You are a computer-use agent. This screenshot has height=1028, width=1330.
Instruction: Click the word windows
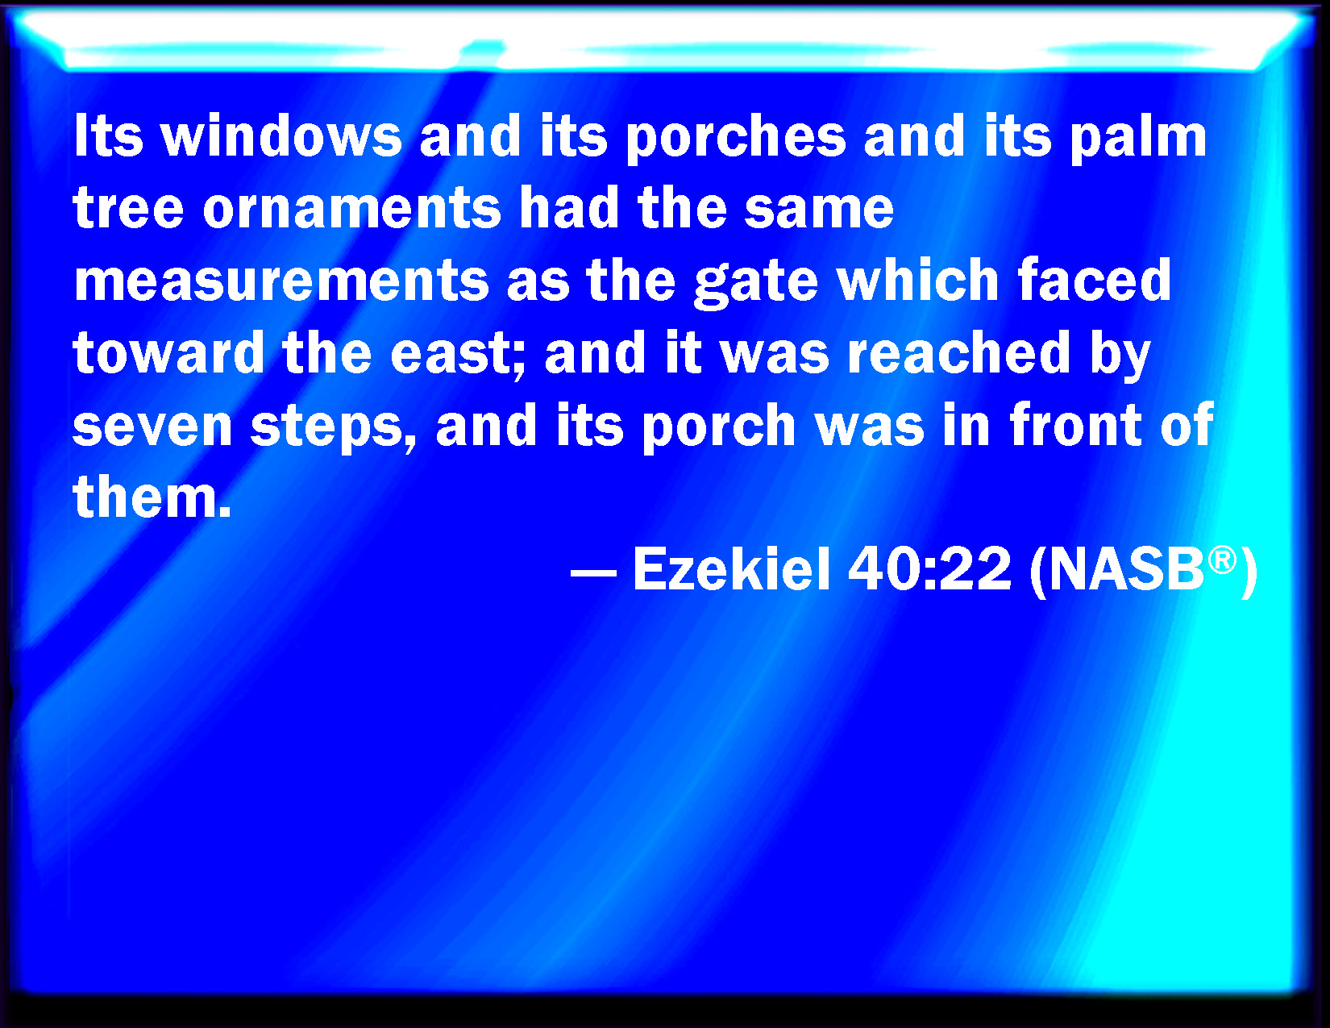(x=281, y=136)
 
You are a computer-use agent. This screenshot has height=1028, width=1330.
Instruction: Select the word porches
(x=736, y=139)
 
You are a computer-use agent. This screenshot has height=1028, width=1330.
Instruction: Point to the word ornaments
(x=352, y=210)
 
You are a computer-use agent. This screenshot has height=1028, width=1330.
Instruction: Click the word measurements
(x=281, y=281)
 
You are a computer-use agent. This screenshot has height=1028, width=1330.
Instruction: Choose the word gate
(x=757, y=283)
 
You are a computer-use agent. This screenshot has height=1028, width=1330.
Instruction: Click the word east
(x=457, y=354)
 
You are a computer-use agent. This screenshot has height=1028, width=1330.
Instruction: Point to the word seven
(x=152, y=427)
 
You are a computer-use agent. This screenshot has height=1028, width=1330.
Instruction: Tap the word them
(x=152, y=497)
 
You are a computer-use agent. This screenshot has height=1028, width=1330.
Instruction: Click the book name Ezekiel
(x=731, y=568)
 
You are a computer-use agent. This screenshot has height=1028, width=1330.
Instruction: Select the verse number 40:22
(x=929, y=568)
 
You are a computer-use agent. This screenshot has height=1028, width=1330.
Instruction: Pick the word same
(x=819, y=210)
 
